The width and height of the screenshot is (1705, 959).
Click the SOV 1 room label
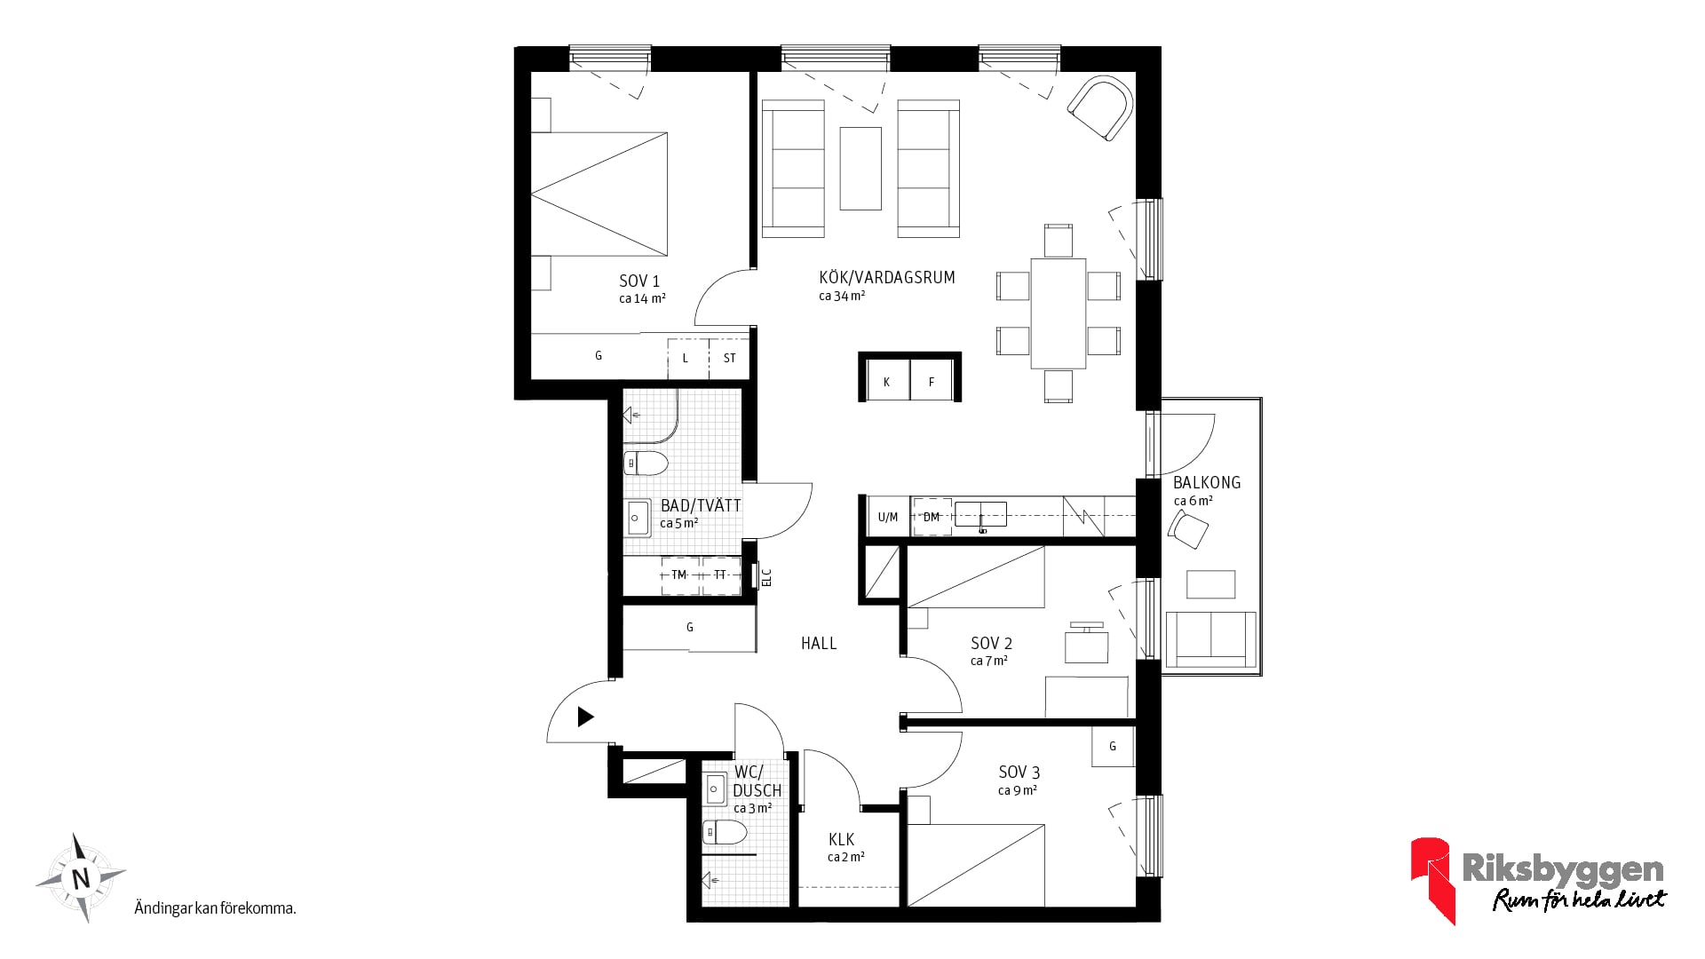point(639,281)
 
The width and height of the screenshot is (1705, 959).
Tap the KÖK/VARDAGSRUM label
point(887,277)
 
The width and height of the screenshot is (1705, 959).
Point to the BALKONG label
point(1207,483)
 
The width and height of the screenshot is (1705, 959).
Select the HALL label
point(819,643)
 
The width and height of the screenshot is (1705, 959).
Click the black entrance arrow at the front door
point(585,717)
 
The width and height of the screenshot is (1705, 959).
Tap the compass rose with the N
point(81,878)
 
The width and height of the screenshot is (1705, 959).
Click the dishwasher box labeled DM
point(932,517)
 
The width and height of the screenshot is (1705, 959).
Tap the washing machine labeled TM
point(680,575)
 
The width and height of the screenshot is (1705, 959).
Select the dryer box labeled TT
point(721,575)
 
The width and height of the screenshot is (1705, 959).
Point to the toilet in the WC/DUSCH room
point(726,832)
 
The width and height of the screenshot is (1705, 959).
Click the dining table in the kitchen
point(1059,313)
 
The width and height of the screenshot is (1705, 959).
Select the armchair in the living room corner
point(1100,108)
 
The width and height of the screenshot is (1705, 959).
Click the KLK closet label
point(842,839)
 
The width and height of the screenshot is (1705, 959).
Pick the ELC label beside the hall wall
point(767,577)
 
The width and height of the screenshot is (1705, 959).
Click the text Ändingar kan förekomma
point(215,908)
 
